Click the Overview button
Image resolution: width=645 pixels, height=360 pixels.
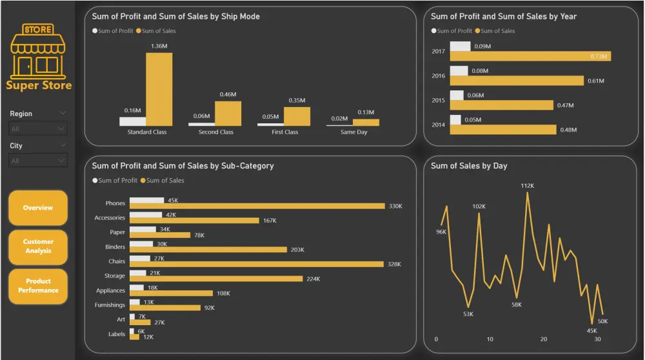tap(37, 208)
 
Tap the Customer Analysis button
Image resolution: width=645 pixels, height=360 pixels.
tap(38, 246)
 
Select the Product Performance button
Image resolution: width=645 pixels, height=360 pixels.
tap(38, 286)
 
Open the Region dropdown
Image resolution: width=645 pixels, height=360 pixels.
tap(38, 129)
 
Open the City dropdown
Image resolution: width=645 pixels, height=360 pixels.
tap(38, 161)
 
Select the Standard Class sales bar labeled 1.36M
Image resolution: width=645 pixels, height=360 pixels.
tap(159, 89)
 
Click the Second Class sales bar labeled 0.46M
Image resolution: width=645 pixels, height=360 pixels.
tap(228, 114)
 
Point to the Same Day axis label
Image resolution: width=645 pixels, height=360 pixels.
tap(353, 132)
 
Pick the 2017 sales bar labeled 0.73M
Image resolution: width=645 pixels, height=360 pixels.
tap(530, 56)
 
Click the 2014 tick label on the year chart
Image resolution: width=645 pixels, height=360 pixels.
tap(438, 125)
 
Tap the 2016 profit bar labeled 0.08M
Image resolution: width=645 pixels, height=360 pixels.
tap(459, 71)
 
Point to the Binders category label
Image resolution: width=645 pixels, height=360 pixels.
tap(115, 247)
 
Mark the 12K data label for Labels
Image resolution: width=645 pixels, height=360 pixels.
tap(148, 337)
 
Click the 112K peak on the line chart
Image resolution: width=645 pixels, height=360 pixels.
tap(528, 193)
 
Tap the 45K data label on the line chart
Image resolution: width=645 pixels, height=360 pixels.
tap(591, 331)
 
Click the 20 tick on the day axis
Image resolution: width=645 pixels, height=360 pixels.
tap(544, 339)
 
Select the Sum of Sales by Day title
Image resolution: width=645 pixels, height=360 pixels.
tap(469, 166)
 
